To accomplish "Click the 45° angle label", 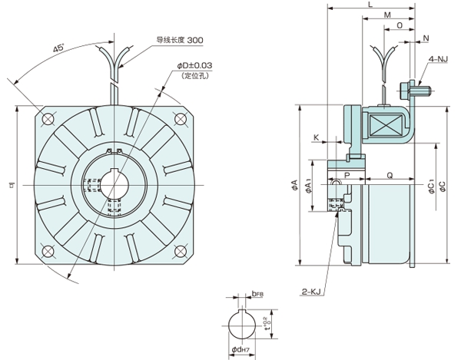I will point(58,48).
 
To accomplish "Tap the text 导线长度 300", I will point(180,39).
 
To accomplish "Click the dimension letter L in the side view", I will point(371,5).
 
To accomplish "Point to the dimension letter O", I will point(400,25).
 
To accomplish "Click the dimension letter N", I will point(426,37).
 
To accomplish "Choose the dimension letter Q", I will point(390,175).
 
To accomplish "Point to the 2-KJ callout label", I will point(311,291).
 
